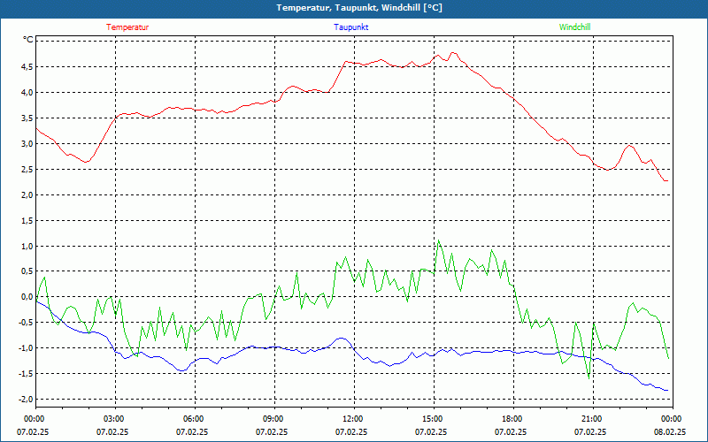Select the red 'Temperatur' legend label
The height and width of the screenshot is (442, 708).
click(x=127, y=27)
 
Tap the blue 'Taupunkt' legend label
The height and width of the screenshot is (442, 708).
click(x=351, y=27)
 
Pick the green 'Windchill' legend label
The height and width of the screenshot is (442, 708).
click(x=574, y=27)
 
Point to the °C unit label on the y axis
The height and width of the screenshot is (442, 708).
click(x=28, y=40)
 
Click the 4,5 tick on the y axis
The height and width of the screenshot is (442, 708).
click(x=26, y=66)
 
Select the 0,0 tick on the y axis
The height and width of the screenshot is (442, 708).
click(x=26, y=297)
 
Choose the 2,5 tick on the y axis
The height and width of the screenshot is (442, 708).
click(x=26, y=169)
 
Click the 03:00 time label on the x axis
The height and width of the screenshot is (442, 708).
click(x=114, y=418)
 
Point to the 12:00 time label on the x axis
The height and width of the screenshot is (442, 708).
click(x=352, y=418)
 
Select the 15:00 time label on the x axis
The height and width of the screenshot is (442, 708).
click(x=432, y=418)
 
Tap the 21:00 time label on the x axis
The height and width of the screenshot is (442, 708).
click(x=591, y=418)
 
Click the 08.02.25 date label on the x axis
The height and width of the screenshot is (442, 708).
click(x=670, y=432)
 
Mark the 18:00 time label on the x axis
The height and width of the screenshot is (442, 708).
click(x=512, y=418)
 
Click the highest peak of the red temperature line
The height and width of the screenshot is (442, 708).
click(x=453, y=52)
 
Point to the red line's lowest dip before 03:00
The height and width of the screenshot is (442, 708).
click(x=86, y=162)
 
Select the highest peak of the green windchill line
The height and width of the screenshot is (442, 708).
click(x=437, y=240)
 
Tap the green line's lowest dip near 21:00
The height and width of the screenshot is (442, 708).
click(x=589, y=377)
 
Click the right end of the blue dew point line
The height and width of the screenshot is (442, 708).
click(x=668, y=390)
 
